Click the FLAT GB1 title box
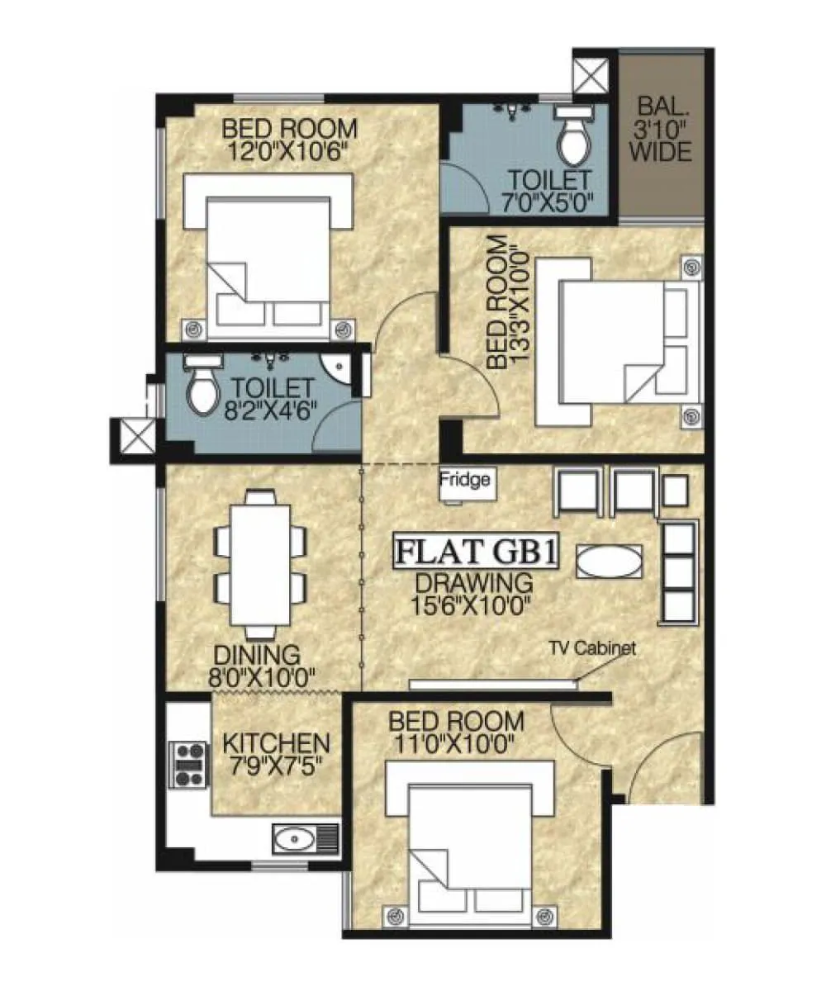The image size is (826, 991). [475, 552]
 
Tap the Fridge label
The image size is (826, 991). [464, 479]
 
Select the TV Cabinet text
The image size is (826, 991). [593, 648]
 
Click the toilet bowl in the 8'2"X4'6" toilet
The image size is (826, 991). [201, 390]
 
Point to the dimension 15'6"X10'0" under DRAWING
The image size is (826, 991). [470, 604]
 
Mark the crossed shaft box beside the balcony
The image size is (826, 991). [593, 74]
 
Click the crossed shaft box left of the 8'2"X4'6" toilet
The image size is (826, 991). [135, 435]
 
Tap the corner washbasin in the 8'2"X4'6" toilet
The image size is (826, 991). [336, 367]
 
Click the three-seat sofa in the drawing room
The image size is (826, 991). [680, 571]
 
